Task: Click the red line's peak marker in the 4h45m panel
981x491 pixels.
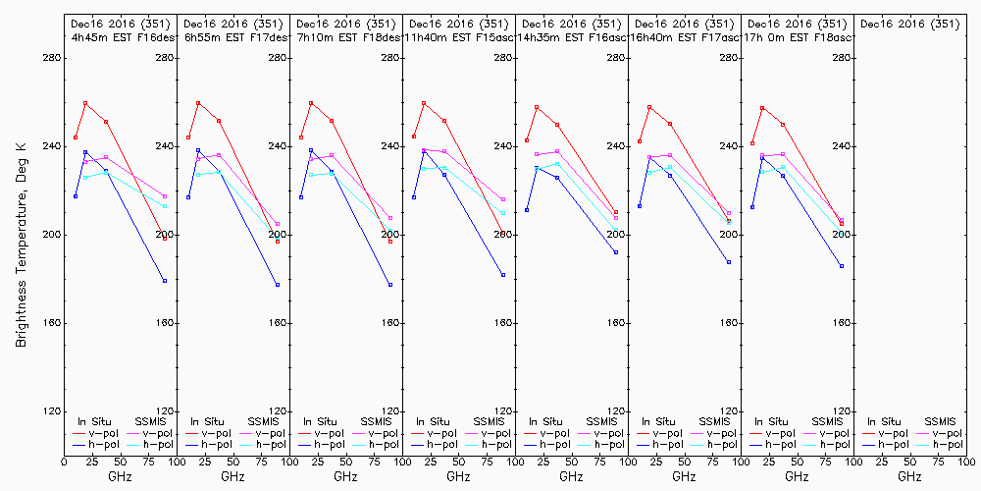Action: coord(85,103)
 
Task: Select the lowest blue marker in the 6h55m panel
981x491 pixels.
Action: coord(278,285)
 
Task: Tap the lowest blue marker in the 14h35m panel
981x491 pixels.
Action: coord(616,252)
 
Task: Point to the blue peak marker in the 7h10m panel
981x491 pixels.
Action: coord(311,150)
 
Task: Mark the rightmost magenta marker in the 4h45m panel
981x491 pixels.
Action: coord(165,196)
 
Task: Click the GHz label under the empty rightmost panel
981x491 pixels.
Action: coord(909,476)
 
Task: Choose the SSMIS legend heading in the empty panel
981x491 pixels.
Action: coord(941,420)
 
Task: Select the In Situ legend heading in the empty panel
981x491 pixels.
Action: coord(884,420)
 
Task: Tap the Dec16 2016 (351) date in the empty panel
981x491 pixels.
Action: coord(909,24)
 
